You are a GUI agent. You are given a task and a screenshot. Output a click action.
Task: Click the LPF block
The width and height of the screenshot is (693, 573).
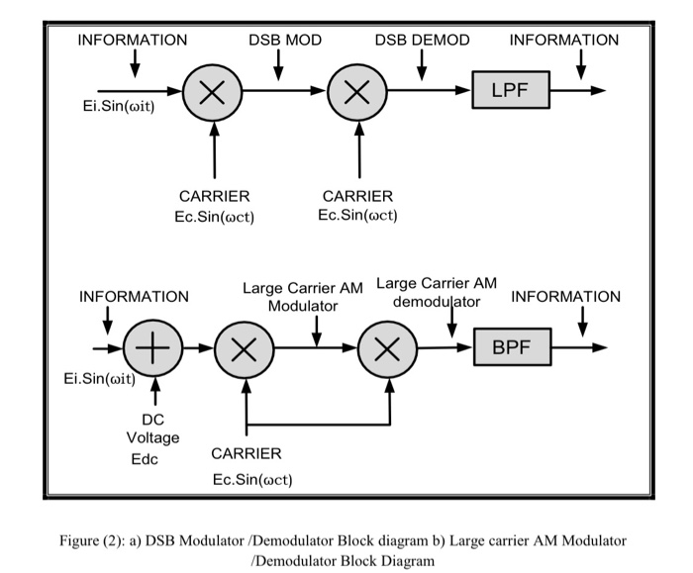(x=510, y=91)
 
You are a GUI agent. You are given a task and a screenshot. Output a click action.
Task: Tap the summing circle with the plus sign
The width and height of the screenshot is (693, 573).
(x=150, y=349)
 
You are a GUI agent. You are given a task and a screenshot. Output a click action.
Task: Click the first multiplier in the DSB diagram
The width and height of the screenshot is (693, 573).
(x=211, y=92)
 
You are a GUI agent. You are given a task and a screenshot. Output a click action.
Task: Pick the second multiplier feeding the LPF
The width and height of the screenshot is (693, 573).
(x=358, y=92)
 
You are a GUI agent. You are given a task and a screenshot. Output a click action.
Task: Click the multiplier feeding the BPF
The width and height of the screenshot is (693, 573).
(x=389, y=349)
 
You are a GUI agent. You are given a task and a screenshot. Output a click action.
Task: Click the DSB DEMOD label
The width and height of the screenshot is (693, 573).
(x=422, y=41)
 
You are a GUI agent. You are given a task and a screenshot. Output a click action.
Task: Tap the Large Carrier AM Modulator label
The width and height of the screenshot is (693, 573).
(x=303, y=297)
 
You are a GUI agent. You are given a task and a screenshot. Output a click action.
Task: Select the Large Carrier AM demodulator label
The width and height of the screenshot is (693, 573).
(x=437, y=291)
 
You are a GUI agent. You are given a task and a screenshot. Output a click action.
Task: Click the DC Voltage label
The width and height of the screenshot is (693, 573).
(x=153, y=428)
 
